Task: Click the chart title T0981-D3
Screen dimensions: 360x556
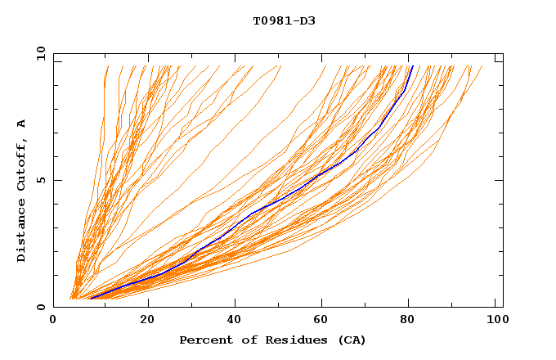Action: [x=284, y=21]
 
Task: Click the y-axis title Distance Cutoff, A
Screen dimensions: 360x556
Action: [x=21, y=191]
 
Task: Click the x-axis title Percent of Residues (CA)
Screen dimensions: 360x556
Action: [x=272, y=340]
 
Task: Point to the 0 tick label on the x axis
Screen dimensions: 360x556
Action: [x=54, y=321]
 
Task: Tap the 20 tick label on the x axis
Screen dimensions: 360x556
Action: [x=148, y=321]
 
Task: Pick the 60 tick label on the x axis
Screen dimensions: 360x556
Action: [x=323, y=321]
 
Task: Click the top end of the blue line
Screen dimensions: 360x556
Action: [x=413, y=65]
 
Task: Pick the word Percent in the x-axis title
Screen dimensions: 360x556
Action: [x=205, y=340]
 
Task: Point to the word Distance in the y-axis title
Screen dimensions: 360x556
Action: [x=21, y=231]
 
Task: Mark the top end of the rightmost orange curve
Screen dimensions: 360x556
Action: [x=482, y=66]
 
